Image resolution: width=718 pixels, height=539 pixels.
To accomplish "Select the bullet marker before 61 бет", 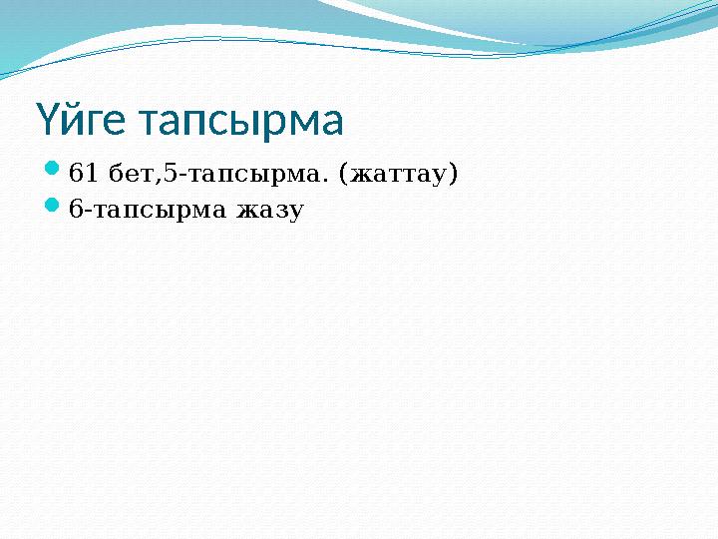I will [54, 173].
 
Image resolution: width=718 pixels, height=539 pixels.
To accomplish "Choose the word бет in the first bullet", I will [129, 175].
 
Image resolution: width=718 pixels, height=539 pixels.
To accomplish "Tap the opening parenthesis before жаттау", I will [345, 176].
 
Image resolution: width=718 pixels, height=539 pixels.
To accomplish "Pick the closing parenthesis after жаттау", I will [454, 176].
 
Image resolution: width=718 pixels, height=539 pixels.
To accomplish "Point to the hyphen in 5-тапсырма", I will [179, 178].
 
